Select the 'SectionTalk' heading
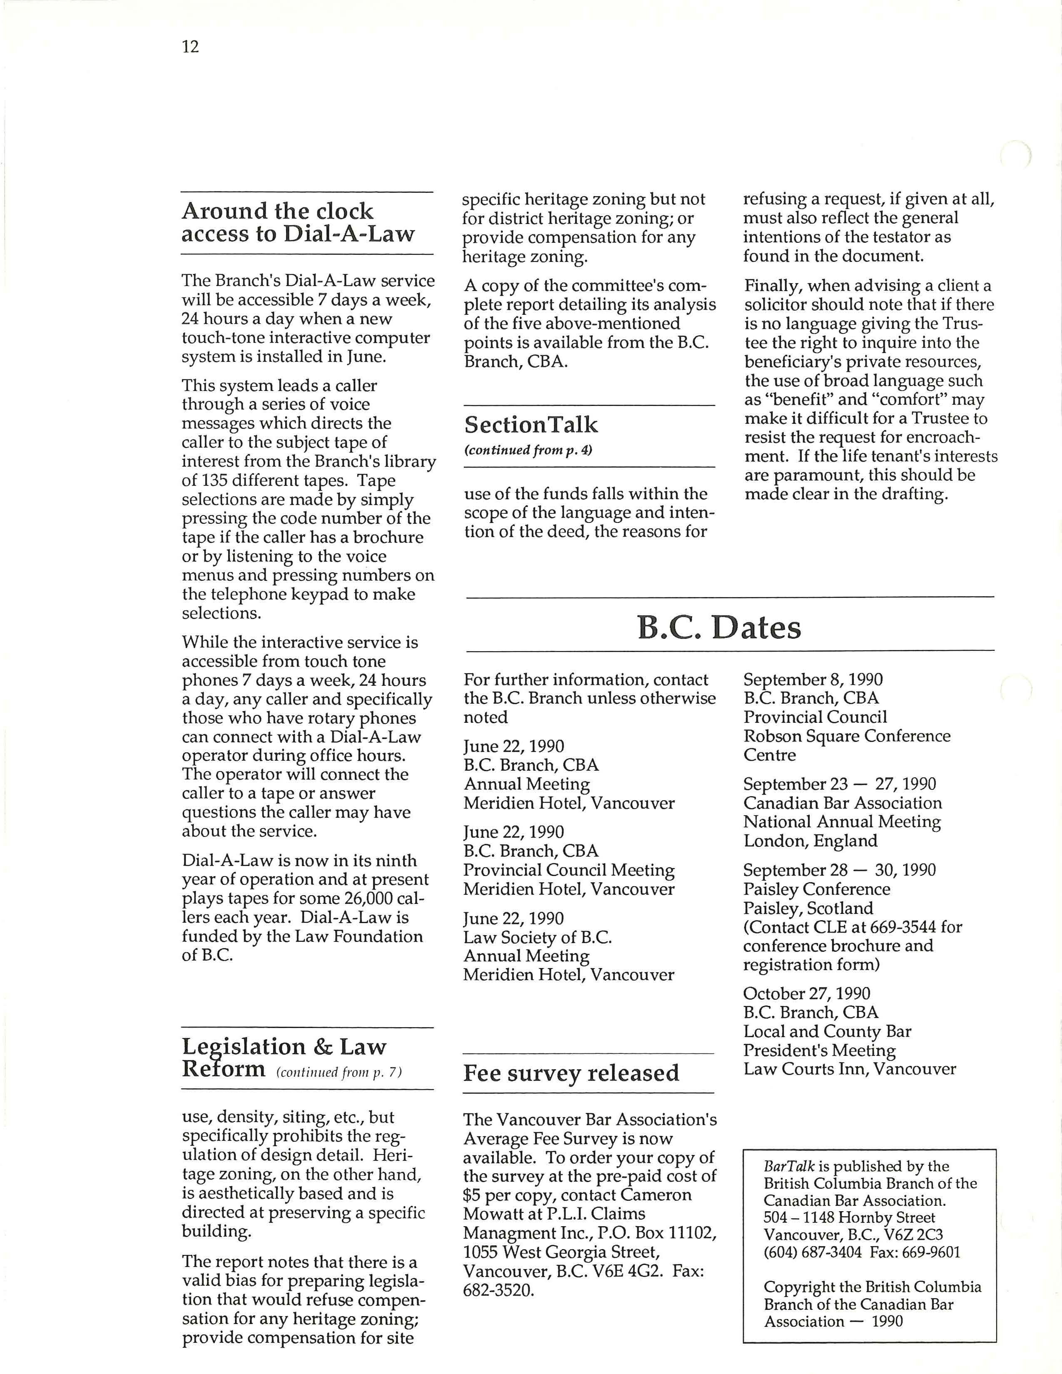(531, 425)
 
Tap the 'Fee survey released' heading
(571, 1073)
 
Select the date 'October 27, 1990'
(807, 993)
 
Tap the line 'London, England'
(810, 841)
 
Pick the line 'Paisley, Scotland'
(808, 909)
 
